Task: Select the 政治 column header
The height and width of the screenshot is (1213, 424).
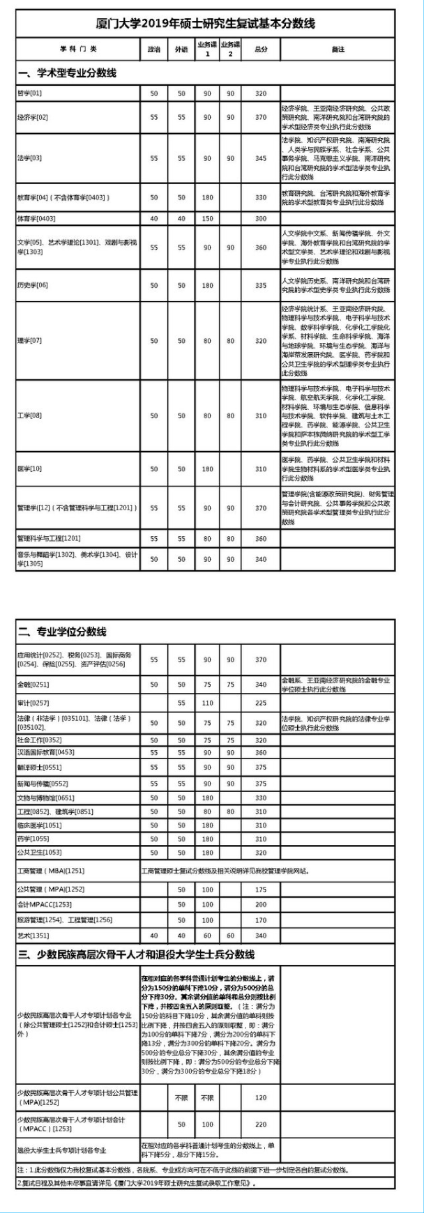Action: [154, 49]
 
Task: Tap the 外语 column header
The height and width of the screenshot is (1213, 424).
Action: [181, 49]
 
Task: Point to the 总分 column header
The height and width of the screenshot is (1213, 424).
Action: [261, 49]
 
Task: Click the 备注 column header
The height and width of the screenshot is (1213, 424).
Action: [338, 49]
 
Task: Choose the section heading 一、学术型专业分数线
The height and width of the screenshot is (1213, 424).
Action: [67, 73]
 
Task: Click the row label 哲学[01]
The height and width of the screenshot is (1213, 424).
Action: [30, 93]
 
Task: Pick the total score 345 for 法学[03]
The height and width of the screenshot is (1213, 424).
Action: [261, 158]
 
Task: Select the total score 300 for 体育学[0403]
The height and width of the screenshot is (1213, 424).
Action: [261, 219]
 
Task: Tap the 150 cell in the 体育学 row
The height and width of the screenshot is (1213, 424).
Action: [207, 219]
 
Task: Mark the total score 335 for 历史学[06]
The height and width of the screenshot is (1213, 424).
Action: [261, 285]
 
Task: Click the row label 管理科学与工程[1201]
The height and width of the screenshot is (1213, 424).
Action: [50, 538]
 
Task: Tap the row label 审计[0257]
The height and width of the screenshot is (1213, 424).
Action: [33, 703]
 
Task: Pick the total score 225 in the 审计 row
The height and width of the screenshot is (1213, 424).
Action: [261, 703]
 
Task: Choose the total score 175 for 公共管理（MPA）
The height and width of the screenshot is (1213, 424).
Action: [261, 890]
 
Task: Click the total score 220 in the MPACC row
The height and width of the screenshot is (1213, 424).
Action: [261, 1124]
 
